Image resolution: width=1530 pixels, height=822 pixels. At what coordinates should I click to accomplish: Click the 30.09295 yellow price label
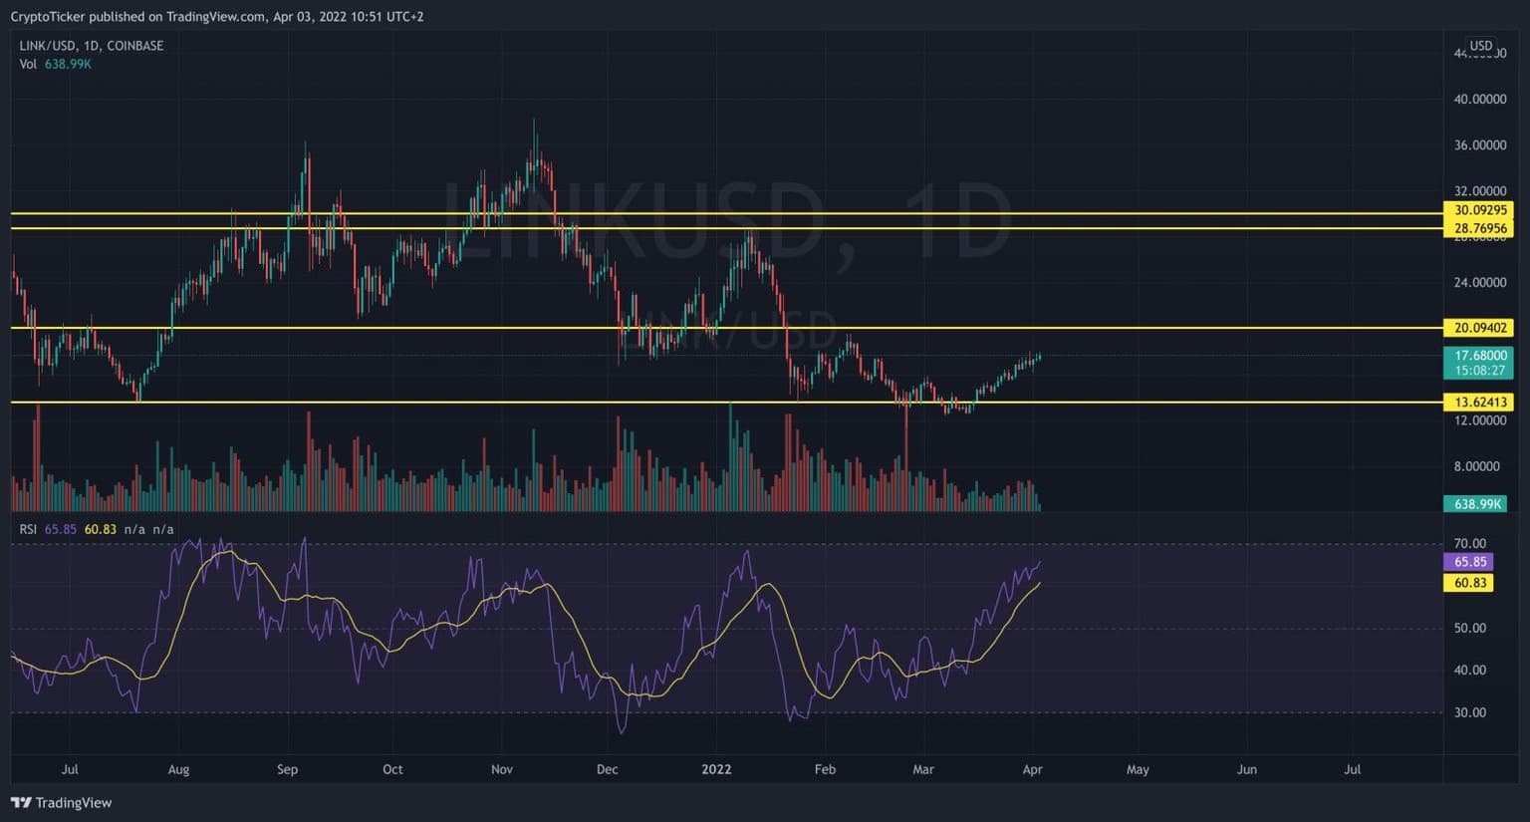tap(1480, 210)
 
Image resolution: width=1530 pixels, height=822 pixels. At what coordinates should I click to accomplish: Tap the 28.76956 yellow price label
tap(1480, 228)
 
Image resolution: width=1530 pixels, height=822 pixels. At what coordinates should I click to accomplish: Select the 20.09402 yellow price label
tap(1480, 328)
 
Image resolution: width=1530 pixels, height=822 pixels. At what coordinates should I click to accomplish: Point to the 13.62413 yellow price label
tap(1480, 403)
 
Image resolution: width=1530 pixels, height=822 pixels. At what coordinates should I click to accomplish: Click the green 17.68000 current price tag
tap(1479, 356)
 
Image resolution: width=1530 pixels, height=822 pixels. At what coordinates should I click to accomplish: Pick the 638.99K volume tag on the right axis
tap(1477, 504)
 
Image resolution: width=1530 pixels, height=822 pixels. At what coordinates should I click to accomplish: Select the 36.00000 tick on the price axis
tap(1479, 145)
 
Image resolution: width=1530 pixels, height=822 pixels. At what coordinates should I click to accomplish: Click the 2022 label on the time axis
tap(716, 769)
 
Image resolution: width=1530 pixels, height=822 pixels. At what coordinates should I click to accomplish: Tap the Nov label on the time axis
tap(502, 769)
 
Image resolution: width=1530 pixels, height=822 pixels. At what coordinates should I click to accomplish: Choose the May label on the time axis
tap(1138, 769)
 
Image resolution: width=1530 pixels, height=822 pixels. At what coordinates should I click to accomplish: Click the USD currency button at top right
tap(1481, 46)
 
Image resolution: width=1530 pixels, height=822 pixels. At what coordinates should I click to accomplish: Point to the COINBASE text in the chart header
tap(134, 46)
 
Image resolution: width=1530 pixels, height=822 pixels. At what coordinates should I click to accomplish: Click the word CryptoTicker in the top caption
tap(47, 17)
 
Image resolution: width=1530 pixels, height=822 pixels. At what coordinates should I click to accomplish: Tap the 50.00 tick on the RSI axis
tap(1470, 629)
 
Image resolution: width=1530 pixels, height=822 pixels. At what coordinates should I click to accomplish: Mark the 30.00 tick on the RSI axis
tap(1470, 712)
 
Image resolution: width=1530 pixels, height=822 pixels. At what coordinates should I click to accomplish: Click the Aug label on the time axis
tap(178, 769)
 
